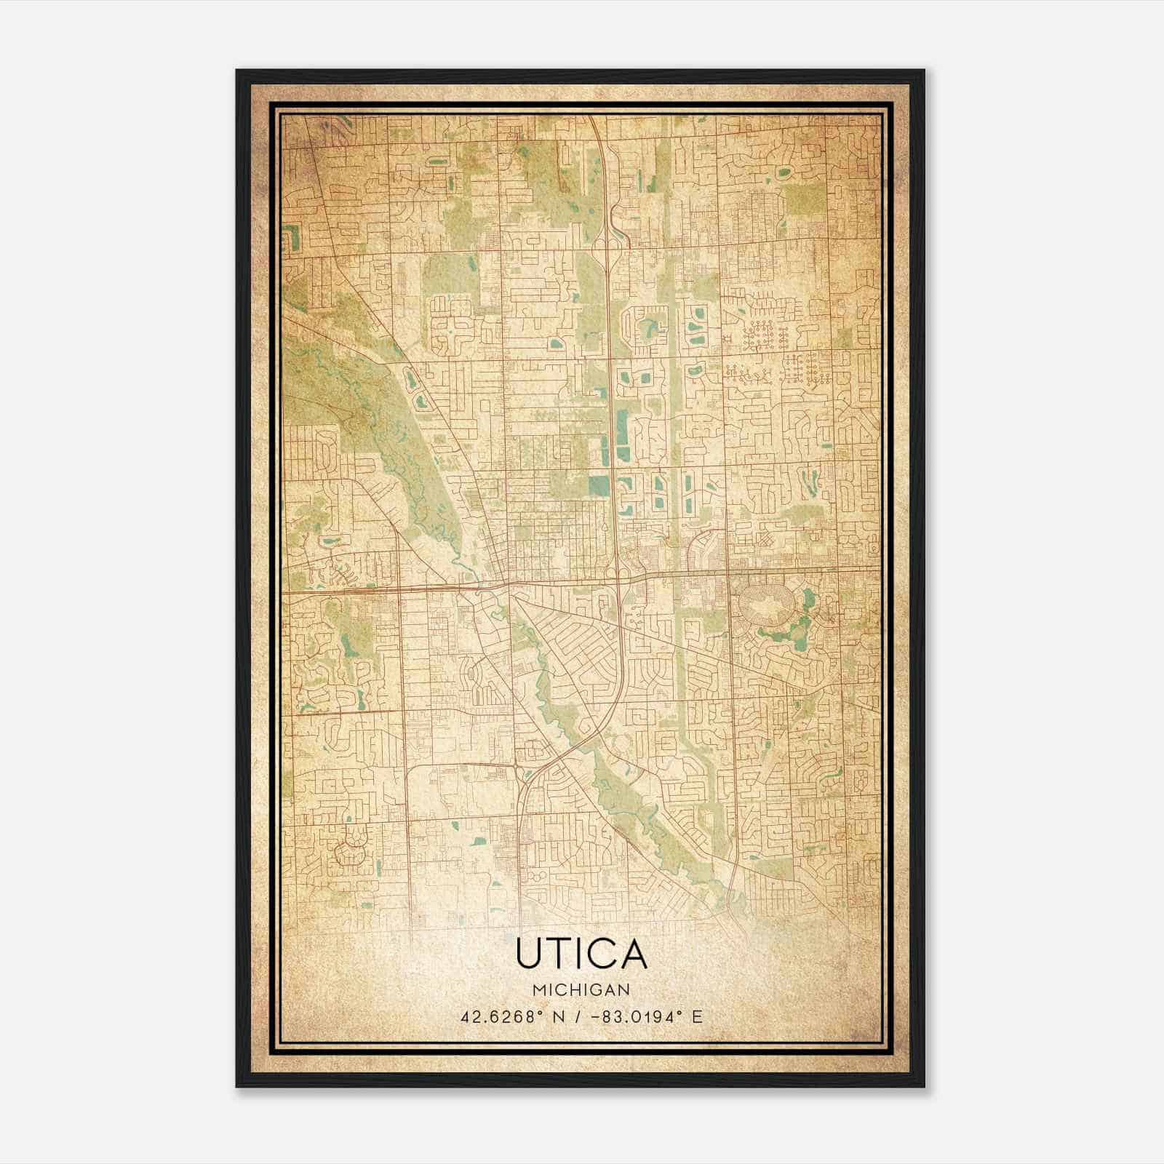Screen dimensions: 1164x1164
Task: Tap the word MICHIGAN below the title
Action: tap(581, 989)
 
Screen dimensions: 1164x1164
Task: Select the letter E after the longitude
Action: tap(697, 1017)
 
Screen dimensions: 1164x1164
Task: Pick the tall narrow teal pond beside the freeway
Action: tap(622, 435)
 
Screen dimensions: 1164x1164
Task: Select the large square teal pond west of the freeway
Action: tap(599, 485)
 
